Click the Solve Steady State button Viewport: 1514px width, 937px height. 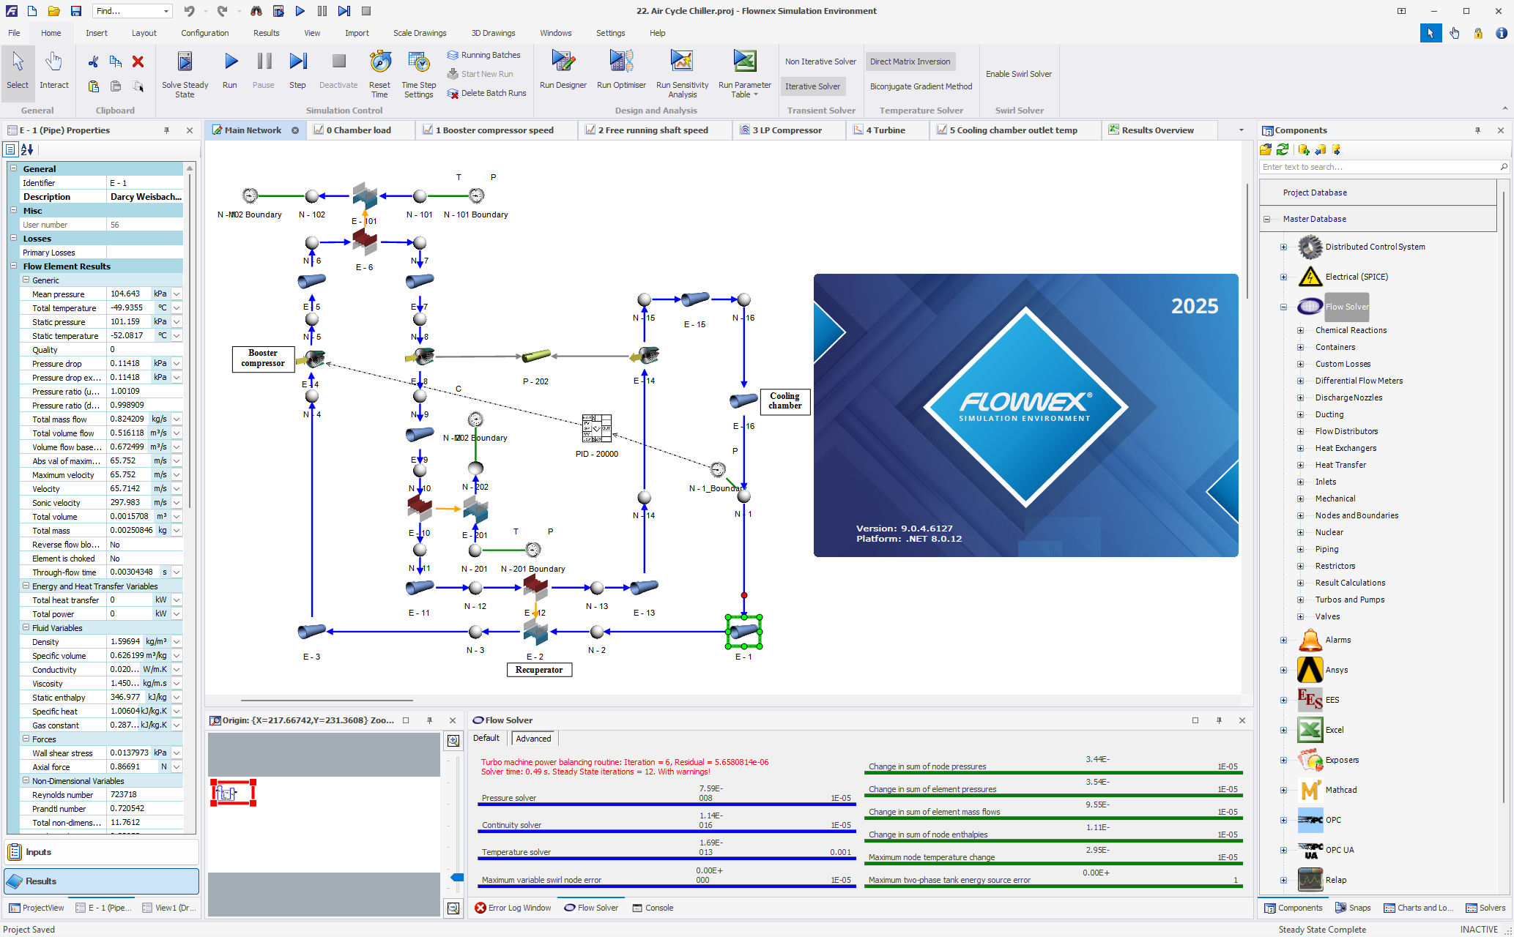click(x=185, y=74)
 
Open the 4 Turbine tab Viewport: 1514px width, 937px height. click(x=885, y=130)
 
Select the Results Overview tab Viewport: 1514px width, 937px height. click(x=1157, y=130)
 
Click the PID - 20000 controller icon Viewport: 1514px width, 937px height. click(x=596, y=429)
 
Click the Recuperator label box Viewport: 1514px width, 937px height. click(x=539, y=670)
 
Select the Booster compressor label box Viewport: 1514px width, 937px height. click(x=263, y=358)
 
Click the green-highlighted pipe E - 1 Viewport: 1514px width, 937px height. click(x=743, y=631)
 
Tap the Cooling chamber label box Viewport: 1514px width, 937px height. click(x=784, y=401)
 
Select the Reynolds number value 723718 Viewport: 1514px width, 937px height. click(x=125, y=794)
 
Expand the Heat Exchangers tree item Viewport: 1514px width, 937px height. click(x=1301, y=448)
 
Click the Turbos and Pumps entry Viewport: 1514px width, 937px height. click(x=1349, y=600)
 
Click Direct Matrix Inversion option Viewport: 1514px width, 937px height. click(x=910, y=61)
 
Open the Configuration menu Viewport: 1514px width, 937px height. click(x=204, y=33)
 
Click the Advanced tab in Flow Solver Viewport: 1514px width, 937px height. click(x=533, y=738)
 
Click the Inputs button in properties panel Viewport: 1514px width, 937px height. click(x=38, y=852)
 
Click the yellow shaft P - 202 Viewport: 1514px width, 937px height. click(x=536, y=356)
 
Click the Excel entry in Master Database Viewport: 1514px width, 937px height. click(x=1334, y=730)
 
